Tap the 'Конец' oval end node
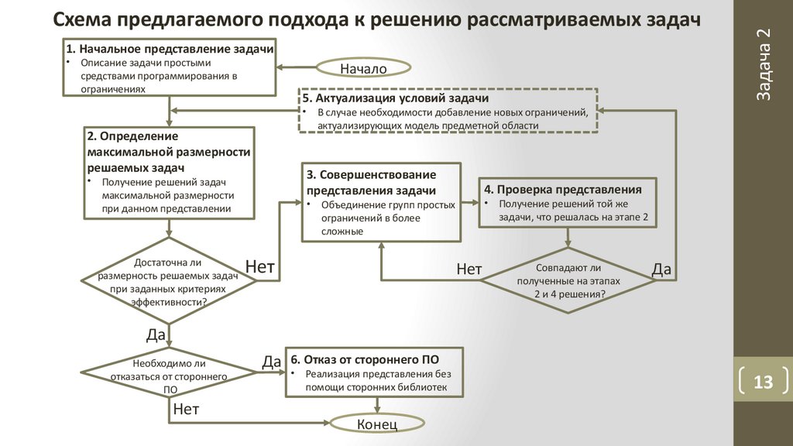point(377,424)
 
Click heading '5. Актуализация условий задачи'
point(396,99)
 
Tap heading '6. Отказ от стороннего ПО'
point(366,360)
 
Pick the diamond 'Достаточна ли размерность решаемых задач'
point(170,282)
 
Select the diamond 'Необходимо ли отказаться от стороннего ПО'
point(170,376)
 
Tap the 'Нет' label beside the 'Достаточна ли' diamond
point(260,267)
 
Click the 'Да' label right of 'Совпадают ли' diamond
point(661,269)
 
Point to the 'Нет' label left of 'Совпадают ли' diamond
point(469,269)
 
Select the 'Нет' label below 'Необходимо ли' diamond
point(186,410)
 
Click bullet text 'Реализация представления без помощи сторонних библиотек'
point(377,380)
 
